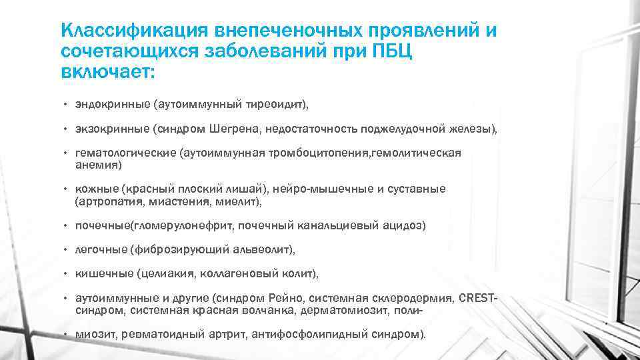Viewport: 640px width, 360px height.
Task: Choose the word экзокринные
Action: pos(105,128)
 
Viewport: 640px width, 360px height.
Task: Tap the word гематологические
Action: pos(123,153)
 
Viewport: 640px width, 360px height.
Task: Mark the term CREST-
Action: pos(478,297)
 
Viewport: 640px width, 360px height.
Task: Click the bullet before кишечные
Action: pos(66,273)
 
